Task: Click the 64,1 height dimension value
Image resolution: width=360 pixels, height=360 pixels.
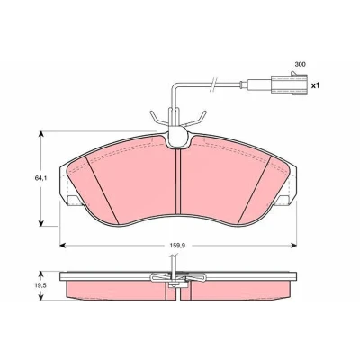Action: pyautogui.click(x=41, y=178)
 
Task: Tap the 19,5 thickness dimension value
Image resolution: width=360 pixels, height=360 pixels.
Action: pyautogui.click(x=40, y=286)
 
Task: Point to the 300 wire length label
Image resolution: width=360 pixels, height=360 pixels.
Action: pyautogui.click(x=300, y=64)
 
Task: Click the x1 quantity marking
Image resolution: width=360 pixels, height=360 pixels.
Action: pyautogui.click(x=316, y=85)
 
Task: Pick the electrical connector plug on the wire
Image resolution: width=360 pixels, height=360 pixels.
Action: pyautogui.click(x=289, y=84)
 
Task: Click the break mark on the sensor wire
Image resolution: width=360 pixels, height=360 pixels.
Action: pyautogui.click(x=213, y=84)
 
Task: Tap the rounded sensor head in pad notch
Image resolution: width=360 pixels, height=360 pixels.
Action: pyautogui.click(x=178, y=137)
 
